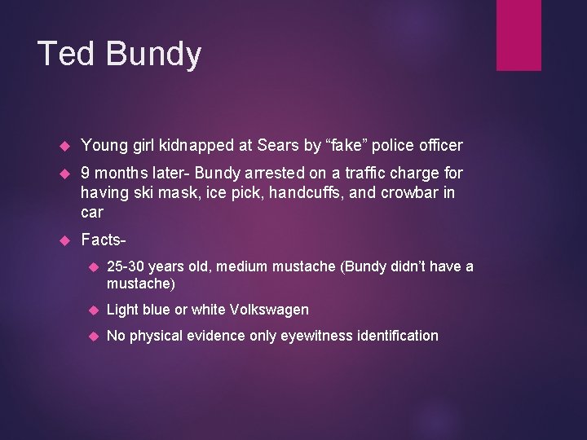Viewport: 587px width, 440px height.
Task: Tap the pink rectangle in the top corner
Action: (x=519, y=35)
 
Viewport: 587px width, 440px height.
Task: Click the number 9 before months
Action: (x=86, y=173)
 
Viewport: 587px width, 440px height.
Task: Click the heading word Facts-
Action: (x=105, y=240)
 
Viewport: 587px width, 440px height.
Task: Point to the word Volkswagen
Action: (x=270, y=310)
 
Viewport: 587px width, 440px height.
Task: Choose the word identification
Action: (x=398, y=336)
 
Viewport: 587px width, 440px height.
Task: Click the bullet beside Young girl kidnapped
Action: (x=67, y=146)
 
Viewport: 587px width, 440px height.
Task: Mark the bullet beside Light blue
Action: (x=92, y=310)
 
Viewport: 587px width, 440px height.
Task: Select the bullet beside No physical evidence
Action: (x=92, y=336)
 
